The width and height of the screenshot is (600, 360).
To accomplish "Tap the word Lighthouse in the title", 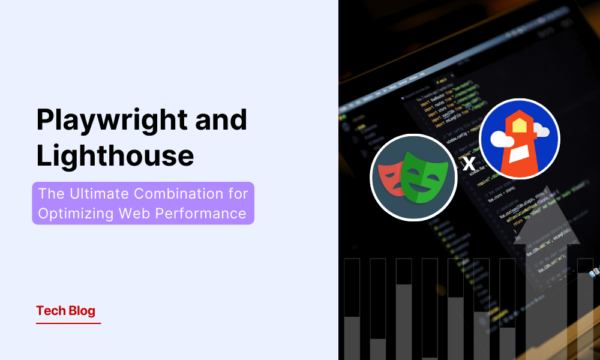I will click(x=115, y=155).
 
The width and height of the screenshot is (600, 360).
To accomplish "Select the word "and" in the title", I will click(x=223, y=121).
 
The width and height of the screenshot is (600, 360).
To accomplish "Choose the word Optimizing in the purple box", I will click(x=82, y=213).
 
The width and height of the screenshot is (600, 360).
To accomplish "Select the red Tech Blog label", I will click(x=65, y=311).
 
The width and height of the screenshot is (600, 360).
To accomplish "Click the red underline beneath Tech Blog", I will click(x=68, y=323).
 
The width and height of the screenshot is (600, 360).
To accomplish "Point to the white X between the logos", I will click(x=469, y=163).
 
